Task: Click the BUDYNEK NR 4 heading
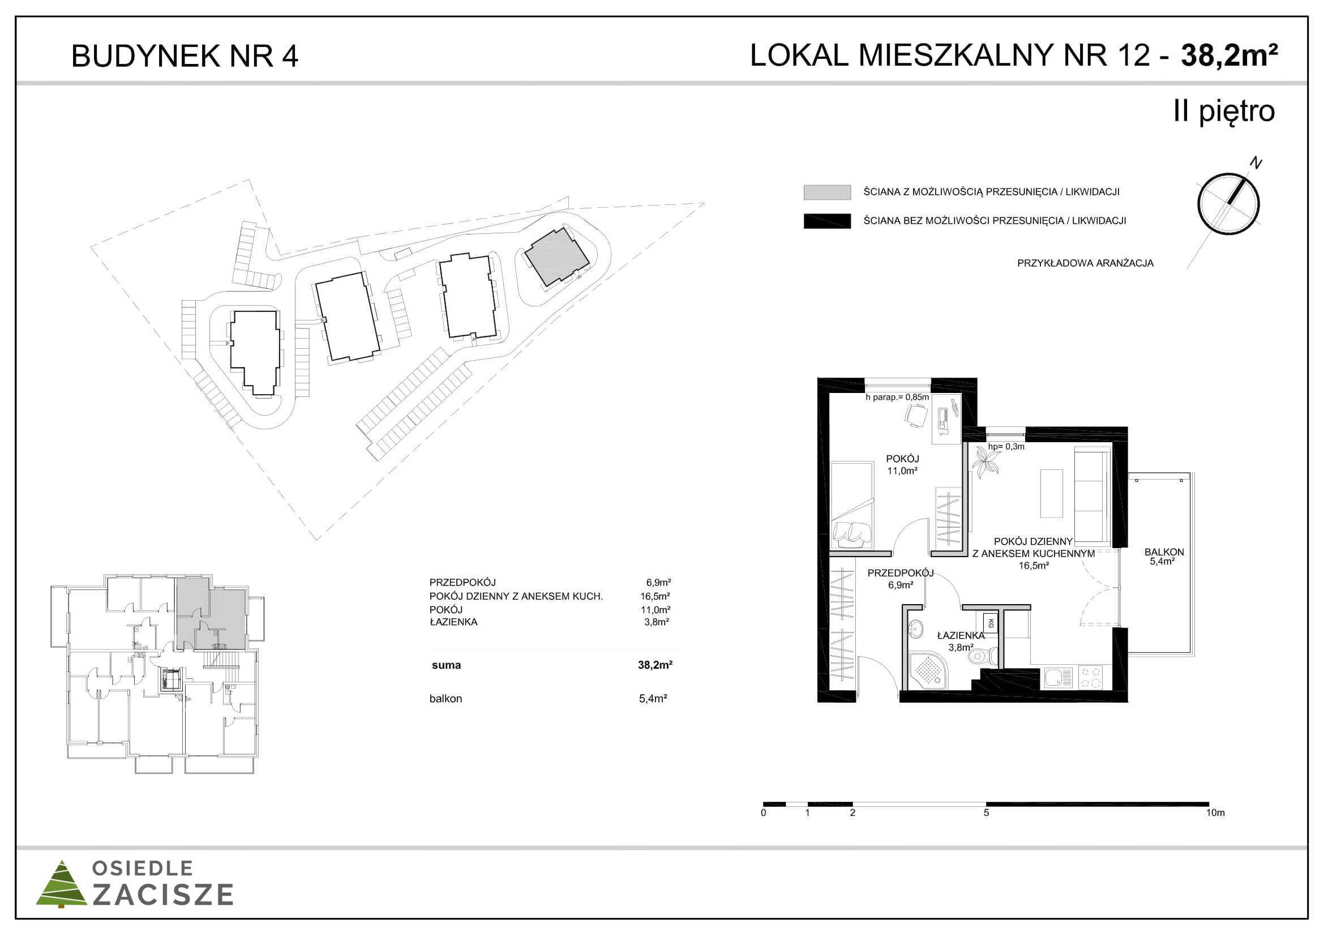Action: [185, 57]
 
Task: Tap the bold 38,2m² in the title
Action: [1229, 56]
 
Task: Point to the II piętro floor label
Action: [1224, 112]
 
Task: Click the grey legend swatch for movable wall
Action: [827, 192]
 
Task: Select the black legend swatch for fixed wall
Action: [827, 221]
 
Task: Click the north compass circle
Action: [1228, 204]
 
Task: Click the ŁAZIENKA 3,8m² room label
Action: [961, 642]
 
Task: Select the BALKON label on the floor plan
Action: [1164, 552]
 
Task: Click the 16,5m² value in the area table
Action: [654, 596]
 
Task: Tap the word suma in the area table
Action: [446, 665]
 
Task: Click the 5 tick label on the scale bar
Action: [986, 813]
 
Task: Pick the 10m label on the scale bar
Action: [1215, 813]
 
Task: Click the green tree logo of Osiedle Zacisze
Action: [62, 883]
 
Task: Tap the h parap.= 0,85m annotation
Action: [897, 397]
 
